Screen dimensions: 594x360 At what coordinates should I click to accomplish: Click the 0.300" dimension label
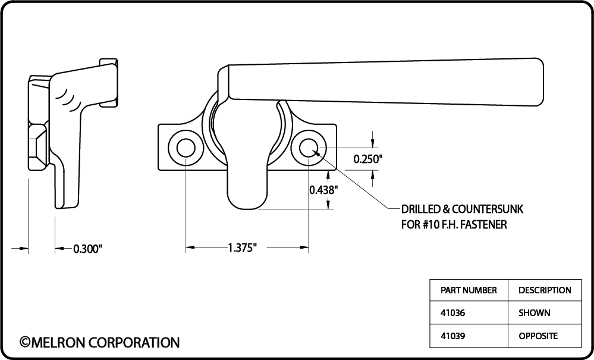[87, 249]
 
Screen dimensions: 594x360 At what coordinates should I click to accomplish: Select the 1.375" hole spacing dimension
[243, 248]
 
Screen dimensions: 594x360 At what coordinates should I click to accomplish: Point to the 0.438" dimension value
[323, 189]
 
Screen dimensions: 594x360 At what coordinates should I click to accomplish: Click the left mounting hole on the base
[186, 147]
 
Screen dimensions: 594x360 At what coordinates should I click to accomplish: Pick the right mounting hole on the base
[309, 147]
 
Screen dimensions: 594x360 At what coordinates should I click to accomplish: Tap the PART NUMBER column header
[469, 290]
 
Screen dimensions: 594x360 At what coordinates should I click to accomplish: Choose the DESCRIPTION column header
[545, 290]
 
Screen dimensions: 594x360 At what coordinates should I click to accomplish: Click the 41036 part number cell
[452, 313]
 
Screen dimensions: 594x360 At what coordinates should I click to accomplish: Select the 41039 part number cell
[452, 336]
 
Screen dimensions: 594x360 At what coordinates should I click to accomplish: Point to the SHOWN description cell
[535, 313]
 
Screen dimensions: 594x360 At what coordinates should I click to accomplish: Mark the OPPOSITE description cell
[538, 336]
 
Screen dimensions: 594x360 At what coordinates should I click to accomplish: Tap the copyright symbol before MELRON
[24, 343]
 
